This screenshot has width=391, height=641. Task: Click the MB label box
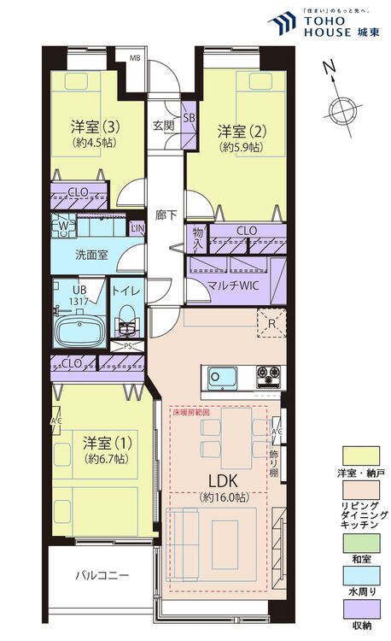pos(134,58)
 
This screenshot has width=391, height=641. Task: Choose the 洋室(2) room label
pos(236,132)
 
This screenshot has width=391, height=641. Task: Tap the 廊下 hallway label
pos(166,215)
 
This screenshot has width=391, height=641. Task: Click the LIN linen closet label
pos(137,228)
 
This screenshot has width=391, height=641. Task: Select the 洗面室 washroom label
pos(91,254)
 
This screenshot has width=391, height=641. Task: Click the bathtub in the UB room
pos(79,330)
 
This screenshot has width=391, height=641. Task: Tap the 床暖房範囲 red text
pos(191,412)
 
